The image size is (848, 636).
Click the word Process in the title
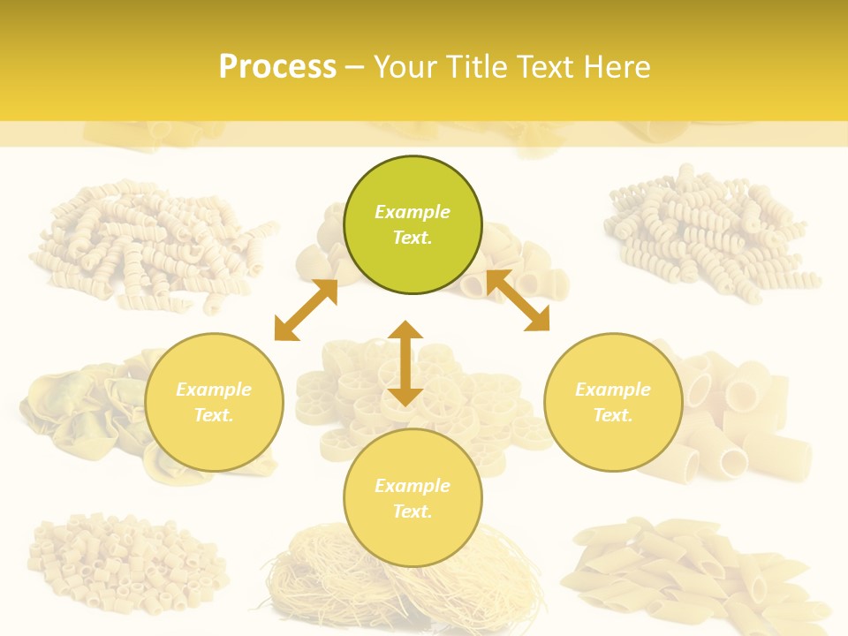coord(277,67)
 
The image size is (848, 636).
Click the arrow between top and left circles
coord(306,310)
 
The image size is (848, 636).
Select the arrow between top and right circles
coord(519,300)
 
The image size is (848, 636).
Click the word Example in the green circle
coord(413,212)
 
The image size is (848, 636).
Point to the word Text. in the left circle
coord(214,415)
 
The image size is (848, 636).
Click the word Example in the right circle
coord(613,390)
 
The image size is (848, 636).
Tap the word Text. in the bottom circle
coord(413,511)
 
